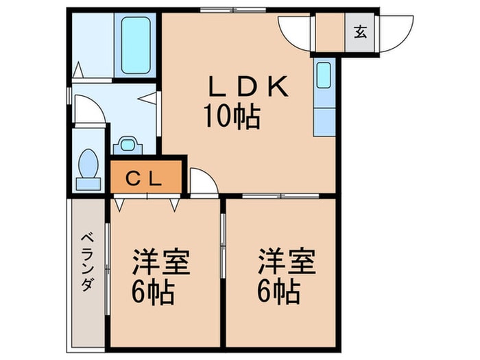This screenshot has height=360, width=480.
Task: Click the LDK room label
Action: pos(248,88)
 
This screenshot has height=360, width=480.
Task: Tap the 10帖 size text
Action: pos(230,118)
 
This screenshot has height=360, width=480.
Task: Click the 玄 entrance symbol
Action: pos(359,31)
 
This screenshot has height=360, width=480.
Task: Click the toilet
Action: pos(88,168)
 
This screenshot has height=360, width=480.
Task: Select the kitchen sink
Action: pos(324,75)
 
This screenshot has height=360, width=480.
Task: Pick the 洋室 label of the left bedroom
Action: pos(161,263)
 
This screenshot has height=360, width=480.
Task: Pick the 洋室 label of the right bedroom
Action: pos(287,263)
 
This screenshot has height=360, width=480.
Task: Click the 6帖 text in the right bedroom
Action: pos(278,293)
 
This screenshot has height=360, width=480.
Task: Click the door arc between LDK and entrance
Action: pos(295,31)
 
